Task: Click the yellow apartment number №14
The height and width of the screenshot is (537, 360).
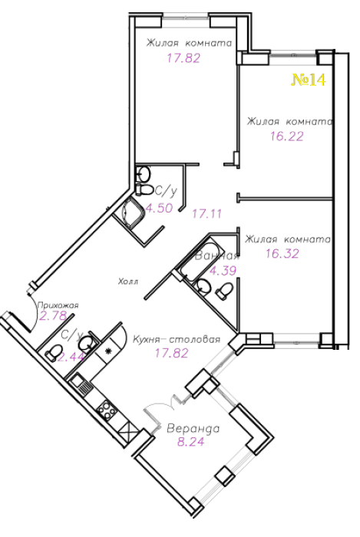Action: click(309, 80)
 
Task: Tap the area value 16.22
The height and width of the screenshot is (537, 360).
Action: click(287, 137)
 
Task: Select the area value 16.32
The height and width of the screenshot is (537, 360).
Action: click(282, 254)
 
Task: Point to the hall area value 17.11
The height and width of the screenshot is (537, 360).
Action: click(207, 214)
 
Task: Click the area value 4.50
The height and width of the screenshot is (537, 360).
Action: click(160, 208)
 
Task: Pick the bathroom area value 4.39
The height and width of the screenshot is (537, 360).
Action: click(223, 271)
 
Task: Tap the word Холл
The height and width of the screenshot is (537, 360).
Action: click(128, 282)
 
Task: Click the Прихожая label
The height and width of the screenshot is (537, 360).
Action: click(58, 305)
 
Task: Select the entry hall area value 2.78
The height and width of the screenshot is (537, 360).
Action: click(53, 316)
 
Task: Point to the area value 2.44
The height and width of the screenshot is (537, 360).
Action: click(71, 357)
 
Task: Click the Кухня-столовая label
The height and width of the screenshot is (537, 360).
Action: click(177, 339)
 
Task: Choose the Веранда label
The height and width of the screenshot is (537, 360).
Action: click(193, 428)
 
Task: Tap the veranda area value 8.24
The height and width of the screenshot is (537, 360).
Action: click(190, 441)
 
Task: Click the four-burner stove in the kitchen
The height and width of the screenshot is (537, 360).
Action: click(106, 409)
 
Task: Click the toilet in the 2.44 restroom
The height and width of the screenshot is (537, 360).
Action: click(54, 353)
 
